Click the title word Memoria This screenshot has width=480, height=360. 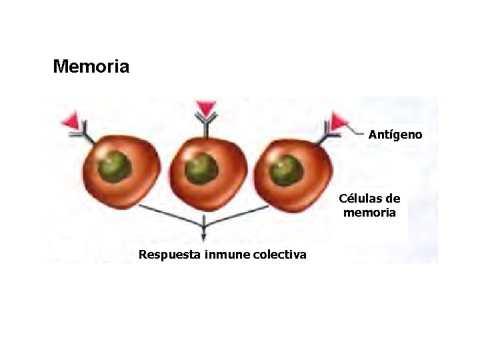coord(91,67)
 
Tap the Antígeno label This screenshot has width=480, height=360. coord(395,135)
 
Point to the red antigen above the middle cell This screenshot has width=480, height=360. coord(206,109)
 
